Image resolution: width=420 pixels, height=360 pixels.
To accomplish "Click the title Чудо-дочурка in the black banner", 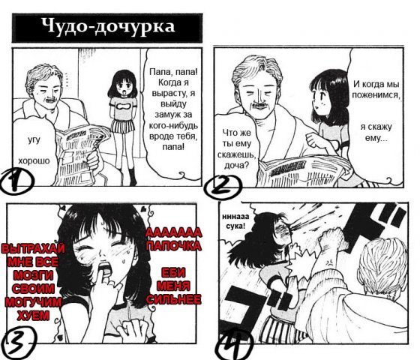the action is coord(108,27).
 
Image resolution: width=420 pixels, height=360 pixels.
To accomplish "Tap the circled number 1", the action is coord(16,181).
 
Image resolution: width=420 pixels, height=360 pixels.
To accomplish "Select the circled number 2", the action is coord(222,187).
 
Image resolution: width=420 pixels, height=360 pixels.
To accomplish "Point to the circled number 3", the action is coord(18,344).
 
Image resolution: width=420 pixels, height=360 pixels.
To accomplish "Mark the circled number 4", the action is coord(235,344).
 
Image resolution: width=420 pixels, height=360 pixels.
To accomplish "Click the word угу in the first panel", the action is coord(34,140).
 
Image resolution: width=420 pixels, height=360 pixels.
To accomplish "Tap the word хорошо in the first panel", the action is coord(34,160).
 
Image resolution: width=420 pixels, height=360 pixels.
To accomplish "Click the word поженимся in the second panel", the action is coord(376,95).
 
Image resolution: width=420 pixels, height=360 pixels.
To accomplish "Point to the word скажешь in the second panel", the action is coord(236,154).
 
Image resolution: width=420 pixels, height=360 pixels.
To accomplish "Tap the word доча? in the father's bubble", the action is coord(236,165).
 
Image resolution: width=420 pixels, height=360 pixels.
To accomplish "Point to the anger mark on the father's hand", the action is coord(329,261).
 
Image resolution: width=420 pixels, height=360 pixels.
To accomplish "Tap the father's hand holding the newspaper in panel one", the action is coord(93,160).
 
